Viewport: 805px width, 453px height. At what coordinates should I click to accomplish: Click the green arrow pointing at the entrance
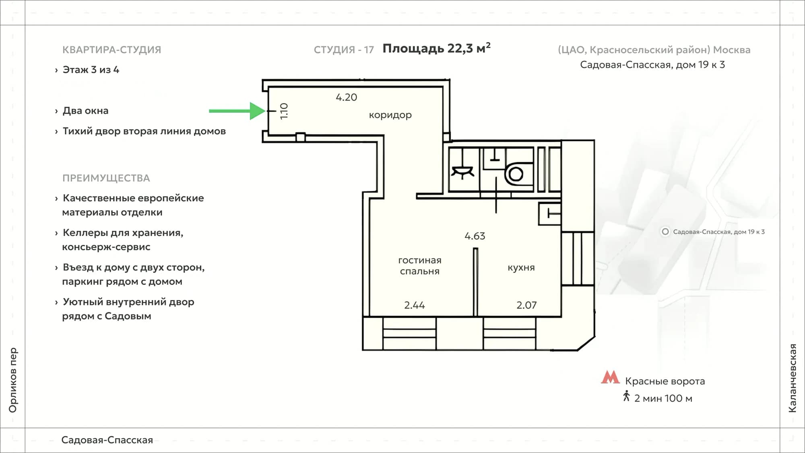tap(237, 111)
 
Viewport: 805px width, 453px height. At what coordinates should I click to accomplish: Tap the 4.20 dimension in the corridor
tap(347, 97)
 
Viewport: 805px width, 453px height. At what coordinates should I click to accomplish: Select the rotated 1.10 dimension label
tap(284, 111)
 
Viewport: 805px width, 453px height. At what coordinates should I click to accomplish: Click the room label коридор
tap(390, 115)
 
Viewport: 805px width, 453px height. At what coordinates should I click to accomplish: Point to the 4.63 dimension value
tap(475, 236)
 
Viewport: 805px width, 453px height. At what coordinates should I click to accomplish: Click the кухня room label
tap(521, 268)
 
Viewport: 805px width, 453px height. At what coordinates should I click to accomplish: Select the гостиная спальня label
tap(420, 266)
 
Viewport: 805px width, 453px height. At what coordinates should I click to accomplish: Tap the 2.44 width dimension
tap(415, 305)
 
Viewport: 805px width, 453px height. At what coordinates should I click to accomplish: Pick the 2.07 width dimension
tap(526, 305)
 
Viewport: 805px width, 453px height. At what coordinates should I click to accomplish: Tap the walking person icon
tap(626, 396)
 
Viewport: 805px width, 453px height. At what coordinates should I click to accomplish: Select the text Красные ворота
tap(665, 381)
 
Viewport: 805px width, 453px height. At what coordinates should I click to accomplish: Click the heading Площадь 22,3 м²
tap(436, 48)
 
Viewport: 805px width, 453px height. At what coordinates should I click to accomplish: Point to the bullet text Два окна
tap(85, 111)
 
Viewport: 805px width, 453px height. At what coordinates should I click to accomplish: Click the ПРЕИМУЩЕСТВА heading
tap(106, 178)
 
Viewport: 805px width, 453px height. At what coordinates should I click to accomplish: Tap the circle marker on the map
tap(665, 232)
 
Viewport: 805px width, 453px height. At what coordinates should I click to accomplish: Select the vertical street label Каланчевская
tap(793, 378)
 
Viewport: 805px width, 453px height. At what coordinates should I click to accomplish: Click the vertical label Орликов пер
tap(13, 380)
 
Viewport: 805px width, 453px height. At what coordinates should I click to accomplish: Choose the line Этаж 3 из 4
tap(91, 70)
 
